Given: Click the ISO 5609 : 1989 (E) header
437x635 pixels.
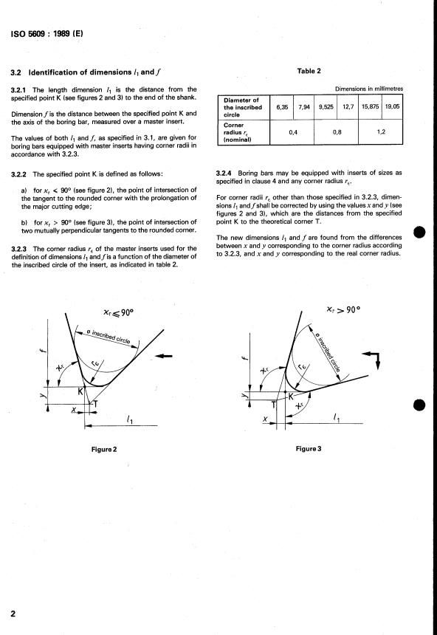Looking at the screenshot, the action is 47,34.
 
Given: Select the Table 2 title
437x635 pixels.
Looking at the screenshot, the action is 309,72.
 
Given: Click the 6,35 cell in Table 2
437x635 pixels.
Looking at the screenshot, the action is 282,107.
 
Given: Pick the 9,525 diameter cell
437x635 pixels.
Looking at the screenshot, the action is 326,107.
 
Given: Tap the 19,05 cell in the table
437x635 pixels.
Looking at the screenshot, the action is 392,106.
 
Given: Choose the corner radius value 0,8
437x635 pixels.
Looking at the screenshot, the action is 337,132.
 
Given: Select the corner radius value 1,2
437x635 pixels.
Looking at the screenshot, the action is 381,132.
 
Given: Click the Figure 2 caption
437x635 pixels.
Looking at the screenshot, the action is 104,449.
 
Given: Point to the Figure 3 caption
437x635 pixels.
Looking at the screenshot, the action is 309,449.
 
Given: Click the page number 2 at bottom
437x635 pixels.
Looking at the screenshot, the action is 13,614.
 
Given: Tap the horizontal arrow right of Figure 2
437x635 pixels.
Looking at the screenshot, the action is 164,357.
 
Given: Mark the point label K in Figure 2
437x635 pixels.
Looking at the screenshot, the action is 80,391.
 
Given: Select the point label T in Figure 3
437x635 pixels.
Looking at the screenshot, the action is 274,404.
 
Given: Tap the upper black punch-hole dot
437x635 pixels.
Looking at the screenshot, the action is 419,233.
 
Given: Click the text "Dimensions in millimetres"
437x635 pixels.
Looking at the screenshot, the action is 368,89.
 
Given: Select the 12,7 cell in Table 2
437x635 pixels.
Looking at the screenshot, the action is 348,107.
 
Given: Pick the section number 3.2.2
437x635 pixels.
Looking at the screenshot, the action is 18,174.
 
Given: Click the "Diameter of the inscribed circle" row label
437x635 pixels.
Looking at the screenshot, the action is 243,107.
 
